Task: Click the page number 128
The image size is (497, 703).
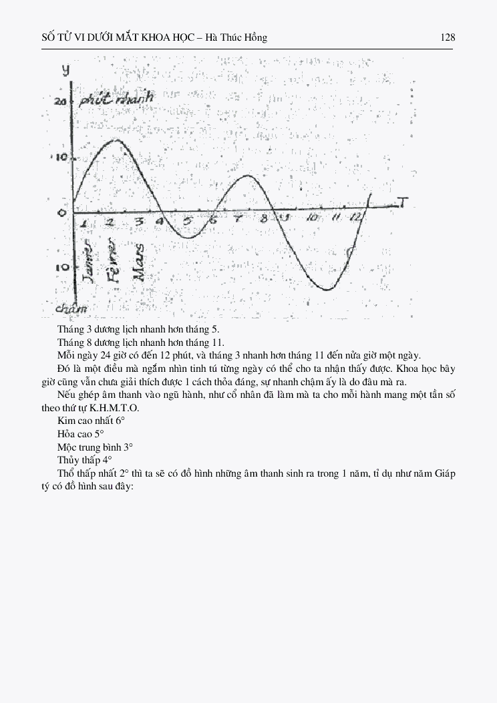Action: [448, 37]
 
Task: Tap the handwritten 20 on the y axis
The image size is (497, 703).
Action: [61, 101]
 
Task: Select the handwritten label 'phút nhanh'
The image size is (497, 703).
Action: [115, 98]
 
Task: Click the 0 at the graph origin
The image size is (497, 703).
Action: [62, 212]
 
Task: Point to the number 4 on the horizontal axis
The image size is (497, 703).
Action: [160, 221]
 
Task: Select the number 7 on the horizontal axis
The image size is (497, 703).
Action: [238, 220]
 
